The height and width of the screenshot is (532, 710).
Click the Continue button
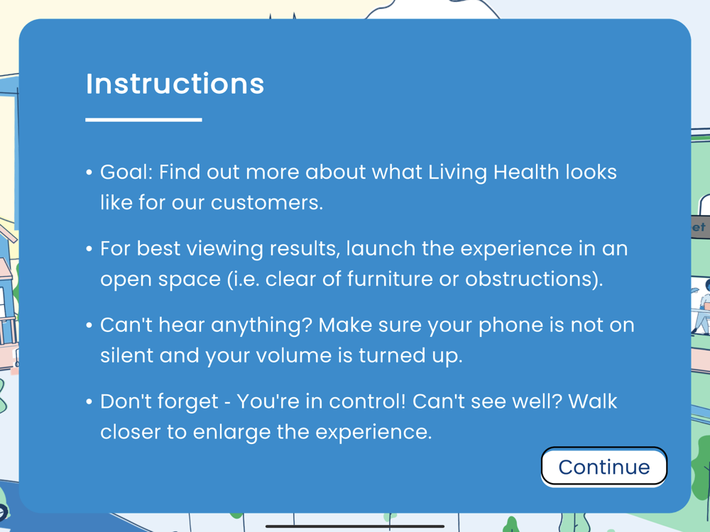point(604,467)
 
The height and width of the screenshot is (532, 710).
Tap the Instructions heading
point(175,84)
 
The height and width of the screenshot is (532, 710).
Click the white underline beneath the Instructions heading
point(143,119)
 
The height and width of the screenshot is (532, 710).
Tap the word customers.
point(267,203)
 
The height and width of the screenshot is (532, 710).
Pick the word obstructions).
point(535,279)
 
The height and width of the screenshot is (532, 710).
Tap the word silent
point(126,355)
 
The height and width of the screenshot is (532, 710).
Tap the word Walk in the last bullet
point(592,401)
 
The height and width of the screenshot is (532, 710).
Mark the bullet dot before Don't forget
point(89,401)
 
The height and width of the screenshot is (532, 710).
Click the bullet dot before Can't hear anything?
point(89,326)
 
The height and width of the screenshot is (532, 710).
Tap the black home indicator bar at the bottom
point(354,526)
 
